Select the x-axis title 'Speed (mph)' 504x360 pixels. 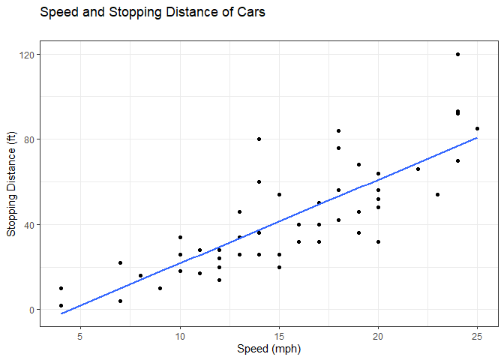click(268, 349)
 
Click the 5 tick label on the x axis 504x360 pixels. click(80, 335)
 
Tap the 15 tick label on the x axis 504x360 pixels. click(279, 335)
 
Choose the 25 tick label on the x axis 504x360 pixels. click(478, 335)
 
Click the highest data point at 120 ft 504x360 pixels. click(457, 54)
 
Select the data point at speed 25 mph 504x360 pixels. click(478, 128)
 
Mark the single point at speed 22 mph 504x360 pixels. click(418, 169)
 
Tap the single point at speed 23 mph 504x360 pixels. click(438, 194)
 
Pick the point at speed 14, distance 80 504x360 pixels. click(259, 139)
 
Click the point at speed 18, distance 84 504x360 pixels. click(338, 130)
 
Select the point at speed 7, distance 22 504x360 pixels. click(120, 262)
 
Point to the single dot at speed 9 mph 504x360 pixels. click(160, 288)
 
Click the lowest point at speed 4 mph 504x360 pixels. click(61, 305)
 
